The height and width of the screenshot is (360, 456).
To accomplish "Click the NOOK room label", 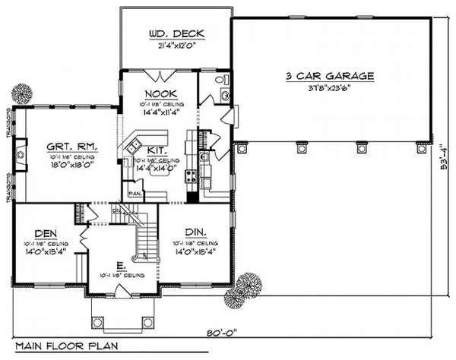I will click(159, 95).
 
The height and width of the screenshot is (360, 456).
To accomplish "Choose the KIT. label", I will click(157, 150).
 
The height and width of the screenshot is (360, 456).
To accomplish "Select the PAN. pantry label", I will click(135, 193).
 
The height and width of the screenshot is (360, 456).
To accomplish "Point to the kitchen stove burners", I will click(190, 178).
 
